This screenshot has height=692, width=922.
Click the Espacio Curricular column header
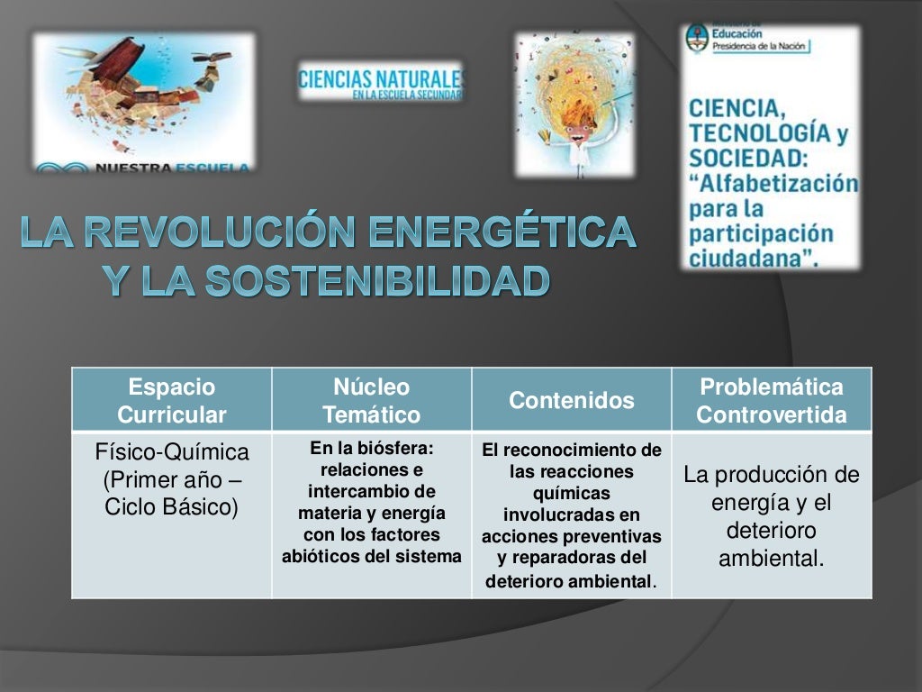click(x=172, y=401)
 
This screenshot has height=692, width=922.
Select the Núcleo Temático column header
click(x=371, y=401)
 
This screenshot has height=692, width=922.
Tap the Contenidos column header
click(x=572, y=400)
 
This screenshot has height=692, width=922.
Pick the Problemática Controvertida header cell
click(x=772, y=401)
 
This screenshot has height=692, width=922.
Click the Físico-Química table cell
click(x=172, y=478)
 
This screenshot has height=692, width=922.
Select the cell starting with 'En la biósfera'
click(x=371, y=502)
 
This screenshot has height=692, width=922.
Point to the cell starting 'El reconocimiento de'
click(x=572, y=514)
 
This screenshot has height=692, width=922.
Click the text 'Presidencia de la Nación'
click(x=761, y=46)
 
